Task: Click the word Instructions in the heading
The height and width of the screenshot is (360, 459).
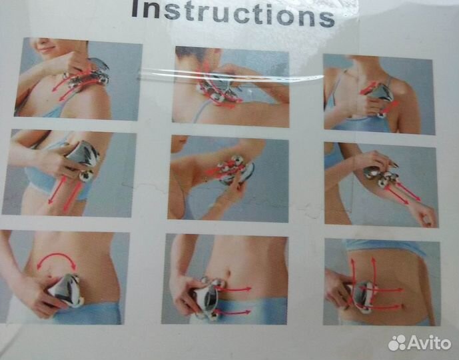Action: click(x=232, y=13)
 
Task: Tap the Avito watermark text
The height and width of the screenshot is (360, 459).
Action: click(x=429, y=343)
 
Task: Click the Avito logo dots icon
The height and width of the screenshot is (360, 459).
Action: click(x=397, y=343)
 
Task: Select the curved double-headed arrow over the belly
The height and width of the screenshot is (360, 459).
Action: click(x=57, y=259)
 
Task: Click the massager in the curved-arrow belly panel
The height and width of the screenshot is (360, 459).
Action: click(x=67, y=290)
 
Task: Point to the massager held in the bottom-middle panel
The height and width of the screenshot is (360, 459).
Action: click(x=209, y=297)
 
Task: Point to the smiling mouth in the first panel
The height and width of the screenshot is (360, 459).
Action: click(x=45, y=49)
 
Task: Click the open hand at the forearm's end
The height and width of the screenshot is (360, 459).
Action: click(x=426, y=215)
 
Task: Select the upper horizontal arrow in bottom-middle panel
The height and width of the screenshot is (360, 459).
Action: click(x=234, y=289)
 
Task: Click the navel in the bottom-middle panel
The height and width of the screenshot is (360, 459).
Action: click(x=229, y=273)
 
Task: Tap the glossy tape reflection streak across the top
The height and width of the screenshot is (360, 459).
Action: click(x=231, y=74)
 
